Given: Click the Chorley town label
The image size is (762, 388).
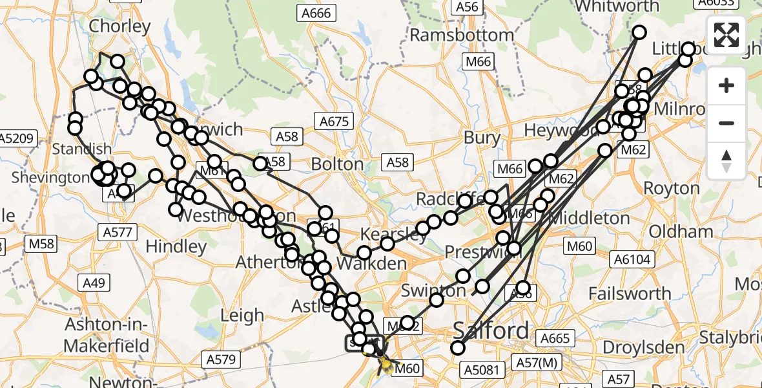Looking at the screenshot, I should click(x=120, y=27).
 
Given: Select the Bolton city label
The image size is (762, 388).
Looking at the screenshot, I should click(x=337, y=164).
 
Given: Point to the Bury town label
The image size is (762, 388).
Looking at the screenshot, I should click(x=482, y=137).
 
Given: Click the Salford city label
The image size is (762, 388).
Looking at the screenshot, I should click(x=491, y=330).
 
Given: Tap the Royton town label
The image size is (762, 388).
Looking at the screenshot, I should click(x=672, y=189).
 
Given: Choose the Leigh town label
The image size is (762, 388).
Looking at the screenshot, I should click(x=242, y=315).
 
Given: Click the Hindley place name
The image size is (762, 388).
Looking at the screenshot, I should click(x=176, y=246).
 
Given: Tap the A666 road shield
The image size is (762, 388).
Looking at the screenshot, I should click(x=314, y=12).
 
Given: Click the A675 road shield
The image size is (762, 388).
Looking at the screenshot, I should click(x=334, y=121).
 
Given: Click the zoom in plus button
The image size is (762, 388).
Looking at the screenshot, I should click(x=726, y=85).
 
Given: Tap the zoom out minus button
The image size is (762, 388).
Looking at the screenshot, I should click(x=726, y=123).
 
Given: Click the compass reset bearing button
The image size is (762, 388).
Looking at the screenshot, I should click(x=726, y=160).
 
